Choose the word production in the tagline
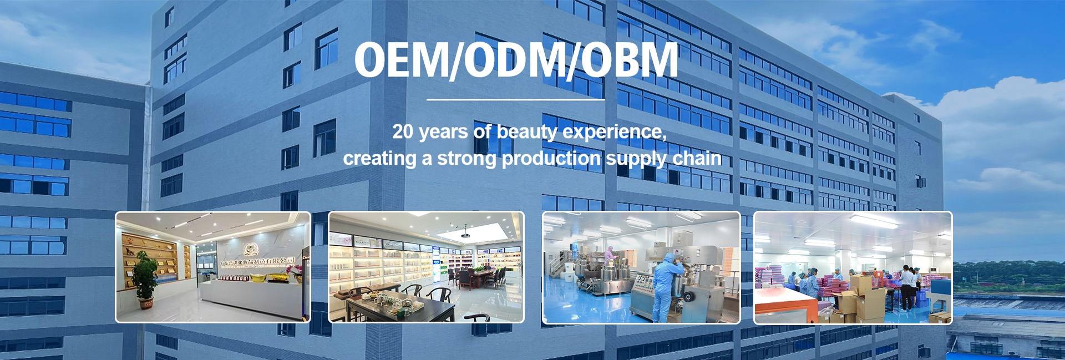550,159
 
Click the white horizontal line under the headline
515,100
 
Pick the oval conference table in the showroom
479,275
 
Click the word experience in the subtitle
609,133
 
